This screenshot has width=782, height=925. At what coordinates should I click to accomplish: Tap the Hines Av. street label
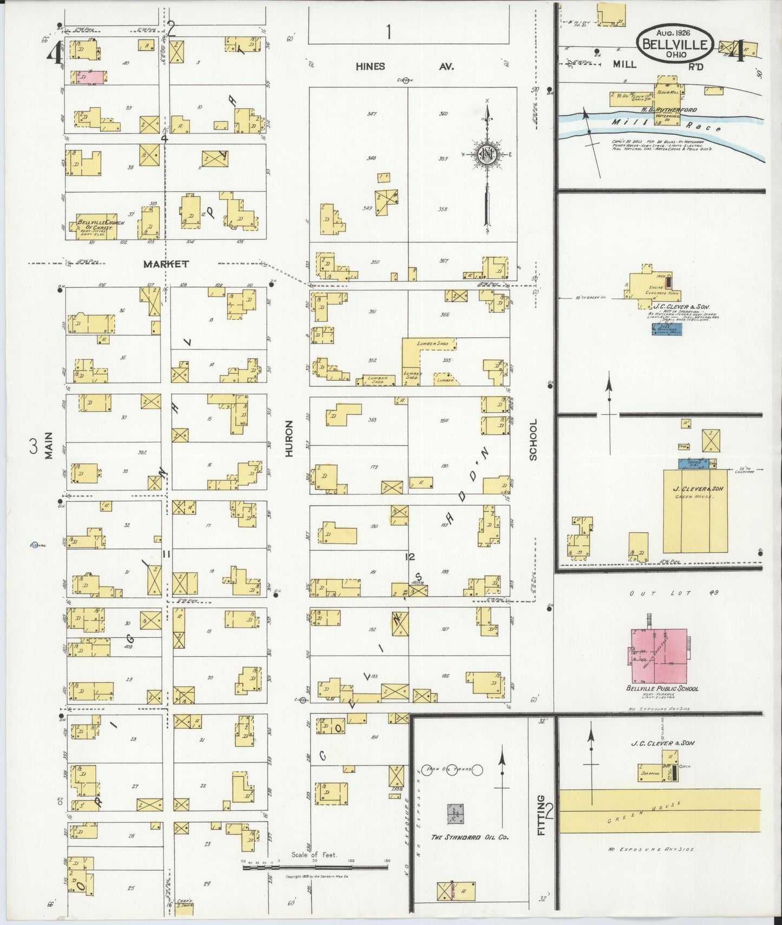click(404, 67)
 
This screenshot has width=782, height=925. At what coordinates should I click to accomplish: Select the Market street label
click(166, 264)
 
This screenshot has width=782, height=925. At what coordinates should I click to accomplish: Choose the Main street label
click(49, 445)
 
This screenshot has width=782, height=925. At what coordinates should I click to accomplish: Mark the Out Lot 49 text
click(673, 593)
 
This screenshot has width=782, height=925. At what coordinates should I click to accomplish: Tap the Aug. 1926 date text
click(673, 32)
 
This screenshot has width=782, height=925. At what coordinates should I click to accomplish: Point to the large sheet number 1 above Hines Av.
click(388, 32)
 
